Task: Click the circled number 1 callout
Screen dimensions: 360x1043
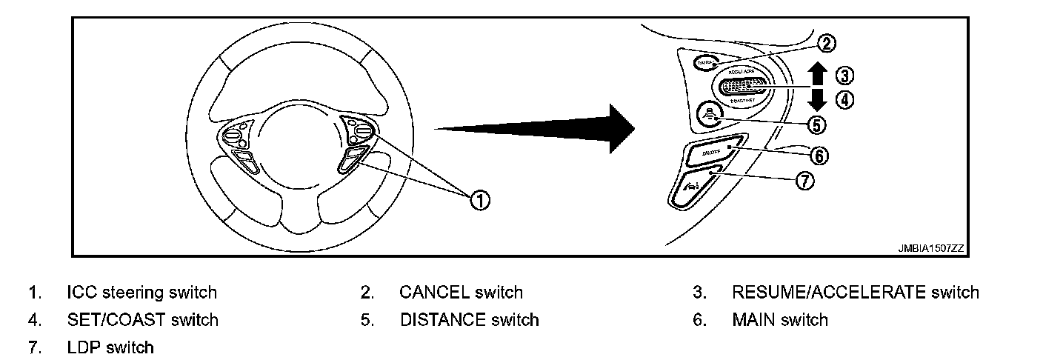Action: (x=480, y=199)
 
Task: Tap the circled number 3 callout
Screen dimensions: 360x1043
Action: (x=845, y=75)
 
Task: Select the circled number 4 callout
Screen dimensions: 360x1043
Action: (x=845, y=99)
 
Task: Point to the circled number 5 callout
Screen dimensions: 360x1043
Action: (x=817, y=124)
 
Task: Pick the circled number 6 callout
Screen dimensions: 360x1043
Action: (x=819, y=155)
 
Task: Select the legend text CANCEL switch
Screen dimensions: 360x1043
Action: (x=461, y=293)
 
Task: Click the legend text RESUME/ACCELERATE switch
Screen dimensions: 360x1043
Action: (x=855, y=293)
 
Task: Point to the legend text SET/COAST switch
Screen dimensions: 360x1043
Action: (x=142, y=320)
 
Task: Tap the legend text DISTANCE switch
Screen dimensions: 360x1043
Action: (x=469, y=320)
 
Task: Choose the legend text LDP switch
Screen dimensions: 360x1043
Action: (x=110, y=347)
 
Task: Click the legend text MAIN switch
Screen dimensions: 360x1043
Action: (x=779, y=320)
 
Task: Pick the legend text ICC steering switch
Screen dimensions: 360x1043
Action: (x=141, y=293)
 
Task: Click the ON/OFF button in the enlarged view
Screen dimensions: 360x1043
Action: (x=711, y=153)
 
